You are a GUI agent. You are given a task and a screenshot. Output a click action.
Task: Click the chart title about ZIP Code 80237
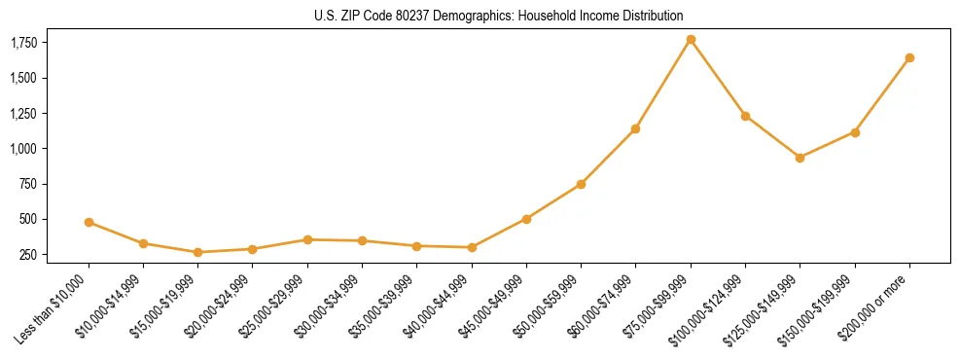point(499,16)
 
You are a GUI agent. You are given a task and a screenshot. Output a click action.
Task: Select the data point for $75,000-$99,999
point(691,39)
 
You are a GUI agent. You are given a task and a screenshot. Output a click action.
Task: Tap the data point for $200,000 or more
point(909,57)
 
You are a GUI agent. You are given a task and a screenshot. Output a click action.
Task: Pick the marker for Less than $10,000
point(89,222)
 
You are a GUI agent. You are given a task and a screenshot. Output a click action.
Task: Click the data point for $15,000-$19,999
point(197,252)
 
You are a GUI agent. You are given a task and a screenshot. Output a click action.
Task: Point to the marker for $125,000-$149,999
point(800,158)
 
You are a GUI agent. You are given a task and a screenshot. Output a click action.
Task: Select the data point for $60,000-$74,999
point(635,128)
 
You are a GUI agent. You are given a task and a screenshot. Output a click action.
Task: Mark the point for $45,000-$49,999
point(526,219)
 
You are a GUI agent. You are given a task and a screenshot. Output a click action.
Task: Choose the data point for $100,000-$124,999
point(745,116)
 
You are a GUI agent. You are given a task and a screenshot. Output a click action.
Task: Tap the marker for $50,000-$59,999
point(581,184)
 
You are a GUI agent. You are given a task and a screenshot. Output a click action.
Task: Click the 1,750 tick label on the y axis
point(23,43)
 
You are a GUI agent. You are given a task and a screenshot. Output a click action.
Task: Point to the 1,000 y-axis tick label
point(23,149)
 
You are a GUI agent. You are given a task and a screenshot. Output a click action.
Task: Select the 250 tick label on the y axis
point(29,255)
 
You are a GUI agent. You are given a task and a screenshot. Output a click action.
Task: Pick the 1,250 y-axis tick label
point(23,114)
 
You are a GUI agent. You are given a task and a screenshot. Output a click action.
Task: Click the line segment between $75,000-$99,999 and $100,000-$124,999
point(718,78)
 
